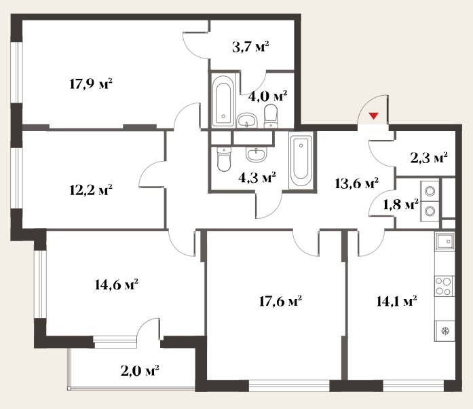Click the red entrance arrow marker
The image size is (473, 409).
[374, 115]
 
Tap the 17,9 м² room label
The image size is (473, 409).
[91, 84]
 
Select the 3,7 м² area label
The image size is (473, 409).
[250, 47]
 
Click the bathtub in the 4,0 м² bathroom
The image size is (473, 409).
[223, 101]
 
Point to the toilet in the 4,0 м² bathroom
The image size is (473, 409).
[271, 116]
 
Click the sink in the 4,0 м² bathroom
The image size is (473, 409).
[247, 120]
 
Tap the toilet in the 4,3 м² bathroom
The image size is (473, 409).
[224, 159]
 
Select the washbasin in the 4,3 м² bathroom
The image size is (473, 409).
[256, 155]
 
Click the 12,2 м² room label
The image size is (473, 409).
[91, 190]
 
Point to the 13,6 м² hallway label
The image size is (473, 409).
[357, 183]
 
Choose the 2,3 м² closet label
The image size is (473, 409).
[429, 158]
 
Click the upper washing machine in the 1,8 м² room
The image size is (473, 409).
[430, 191]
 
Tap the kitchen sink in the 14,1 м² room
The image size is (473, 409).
[444, 241]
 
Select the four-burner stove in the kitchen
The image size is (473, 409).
[444, 286]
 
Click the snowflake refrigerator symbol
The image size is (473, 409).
[445, 331]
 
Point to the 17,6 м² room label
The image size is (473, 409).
[280, 301]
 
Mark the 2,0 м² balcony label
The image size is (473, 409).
[140, 371]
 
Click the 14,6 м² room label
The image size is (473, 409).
[117, 285]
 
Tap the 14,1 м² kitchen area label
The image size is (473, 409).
[397, 301]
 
